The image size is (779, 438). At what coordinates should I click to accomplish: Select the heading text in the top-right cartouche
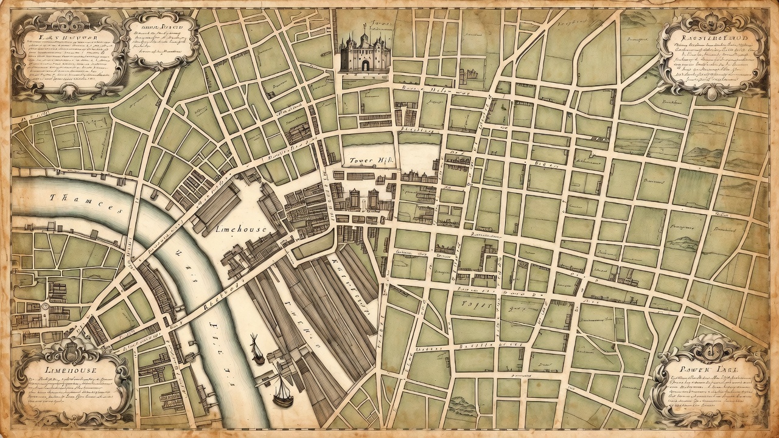pos(712,38)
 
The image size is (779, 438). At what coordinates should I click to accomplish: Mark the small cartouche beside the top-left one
pos(161,38)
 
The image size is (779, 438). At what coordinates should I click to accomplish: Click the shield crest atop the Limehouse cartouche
pos(72,350)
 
